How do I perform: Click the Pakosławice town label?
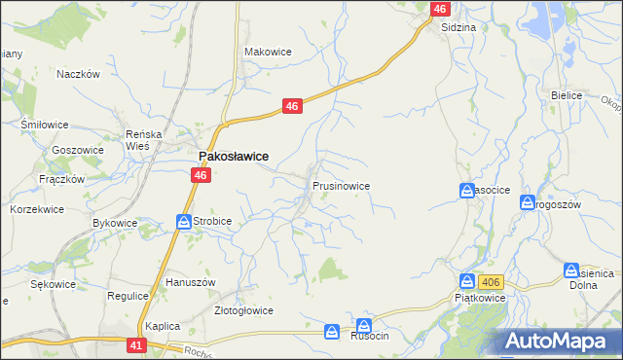tap(234, 156)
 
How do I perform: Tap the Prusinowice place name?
tap(341, 184)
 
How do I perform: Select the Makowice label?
tap(268, 52)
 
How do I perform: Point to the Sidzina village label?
tap(458, 27)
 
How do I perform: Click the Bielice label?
tap(566, 95)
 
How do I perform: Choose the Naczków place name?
tap(79, 74)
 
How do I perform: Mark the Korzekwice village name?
tap(36, 209)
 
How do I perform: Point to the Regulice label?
tap(126, 295)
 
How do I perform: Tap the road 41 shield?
tap(136, 344)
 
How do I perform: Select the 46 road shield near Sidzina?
tap(440, 9)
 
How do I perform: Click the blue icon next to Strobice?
tap(183, 222)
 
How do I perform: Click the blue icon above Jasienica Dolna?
tap(571, 270)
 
